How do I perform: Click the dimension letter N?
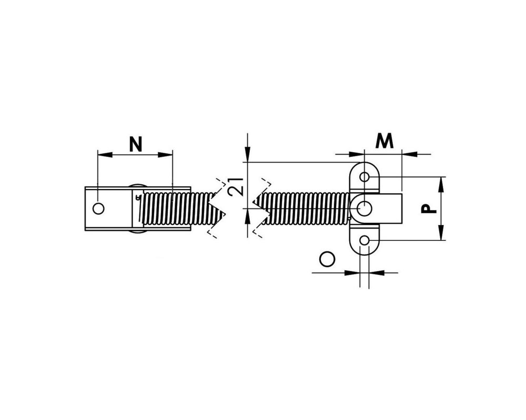pos(136,144)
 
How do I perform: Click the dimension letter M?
pos(385,141)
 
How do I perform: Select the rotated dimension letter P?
pos(429,209)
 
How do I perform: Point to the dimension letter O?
pos(327,259)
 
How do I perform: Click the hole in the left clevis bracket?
pos(98,208)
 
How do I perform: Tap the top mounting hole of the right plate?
pos(365,176)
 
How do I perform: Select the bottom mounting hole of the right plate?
pos(365,240)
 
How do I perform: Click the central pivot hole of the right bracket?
pos(365,208)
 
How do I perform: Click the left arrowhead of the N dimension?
pos(104,154)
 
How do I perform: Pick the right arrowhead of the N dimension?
pos(165,154)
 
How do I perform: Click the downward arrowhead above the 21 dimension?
pos(247,154)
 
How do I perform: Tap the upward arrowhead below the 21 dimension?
pos(247,216)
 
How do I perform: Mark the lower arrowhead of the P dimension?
pos(441,233)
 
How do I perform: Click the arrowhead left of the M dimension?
pos(357,154)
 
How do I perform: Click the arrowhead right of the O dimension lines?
pos(377,272)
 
